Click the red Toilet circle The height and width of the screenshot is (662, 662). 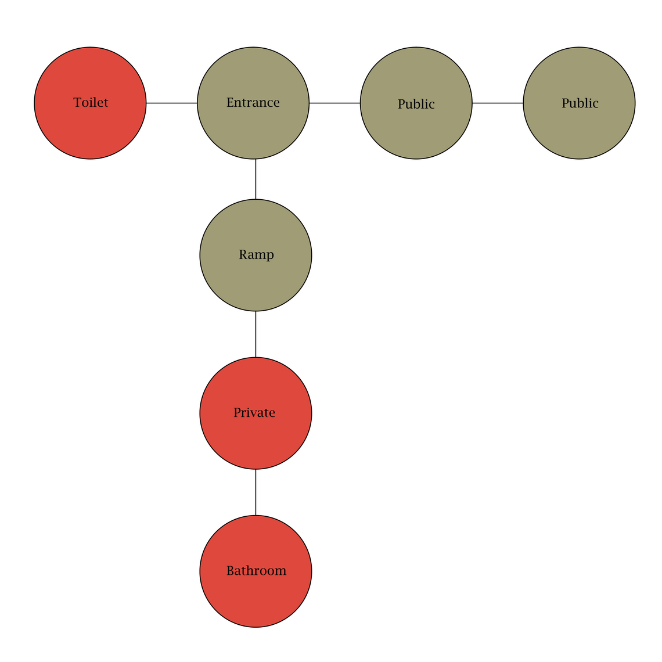[x=91, y=103]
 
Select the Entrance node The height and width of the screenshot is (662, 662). [x=253, y=103]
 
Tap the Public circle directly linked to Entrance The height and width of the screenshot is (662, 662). [x=416, y=103]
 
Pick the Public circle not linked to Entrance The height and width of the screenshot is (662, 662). [x=580, y=103]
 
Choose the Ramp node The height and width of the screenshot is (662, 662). [x=256, y=256]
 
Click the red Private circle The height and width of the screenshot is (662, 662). [x=256, y=413]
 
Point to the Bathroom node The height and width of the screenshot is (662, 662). [x=256, y=571]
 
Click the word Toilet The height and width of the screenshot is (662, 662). [x=91, y=103]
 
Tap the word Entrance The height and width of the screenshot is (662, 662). [x=253, y=103]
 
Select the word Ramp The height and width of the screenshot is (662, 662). [x=256, y=255]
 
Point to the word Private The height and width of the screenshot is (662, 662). [x=254, y=412]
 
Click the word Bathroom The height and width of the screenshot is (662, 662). [x=256, y=571]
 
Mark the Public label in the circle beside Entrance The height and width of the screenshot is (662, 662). [x=416, y=105]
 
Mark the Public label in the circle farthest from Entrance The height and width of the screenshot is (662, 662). [x=580, y=103]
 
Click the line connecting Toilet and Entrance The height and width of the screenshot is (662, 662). [x=172, y=103]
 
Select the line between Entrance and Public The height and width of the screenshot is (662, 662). [x=335, y=103]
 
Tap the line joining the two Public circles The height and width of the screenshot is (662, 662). [x=498, y=103]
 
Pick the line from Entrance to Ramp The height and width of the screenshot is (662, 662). [x=256, y=179]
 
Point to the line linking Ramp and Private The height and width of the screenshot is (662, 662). [x=256, y=334]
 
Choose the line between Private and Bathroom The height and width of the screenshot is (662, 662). [x=256, y=492]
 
